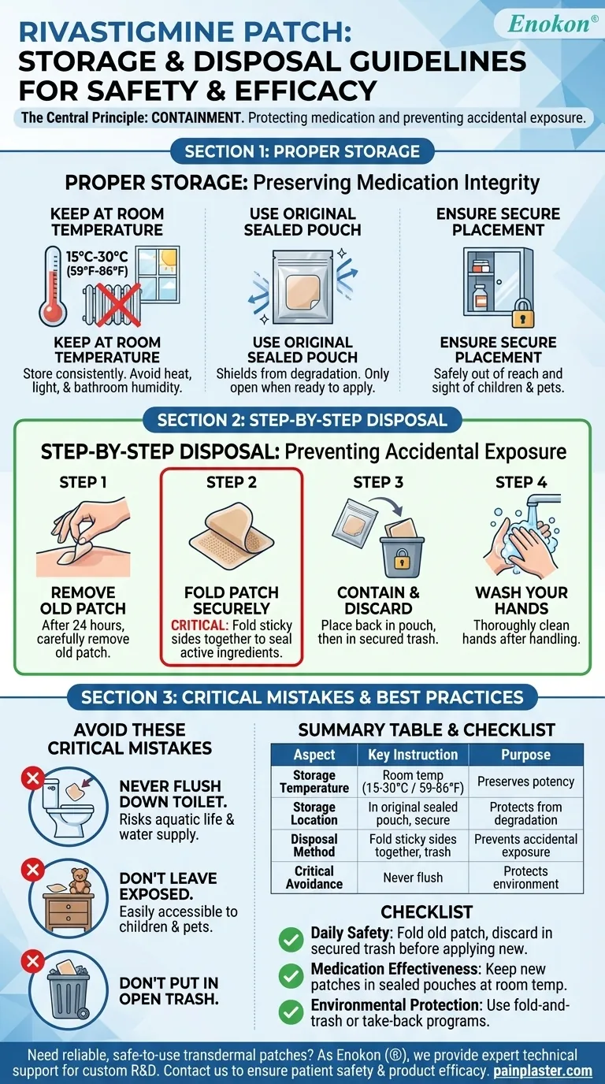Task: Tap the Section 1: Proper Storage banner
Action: pos(302,150)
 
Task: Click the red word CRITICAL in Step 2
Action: pos(193,625)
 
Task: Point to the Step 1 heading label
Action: pos(84,482)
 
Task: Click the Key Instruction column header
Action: pos(412,755)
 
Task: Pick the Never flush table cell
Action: pos(412,878)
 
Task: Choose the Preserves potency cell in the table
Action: pos(525,781)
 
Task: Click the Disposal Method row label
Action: pos(314,845)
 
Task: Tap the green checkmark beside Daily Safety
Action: pos(291,940)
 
